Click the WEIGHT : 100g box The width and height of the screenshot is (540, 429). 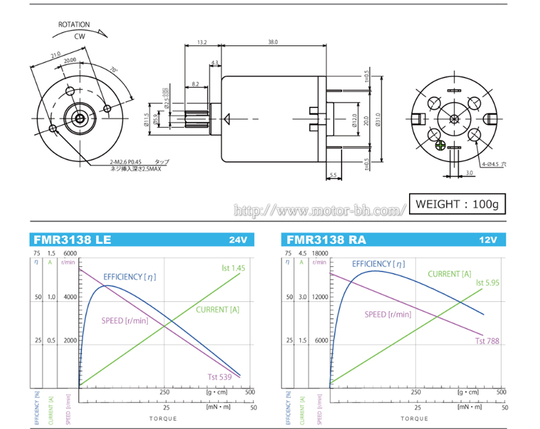(457, 203)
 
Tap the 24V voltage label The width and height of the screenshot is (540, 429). (239, 241)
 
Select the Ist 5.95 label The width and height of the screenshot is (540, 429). (487, 282)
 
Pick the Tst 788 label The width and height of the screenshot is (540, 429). (487, 341)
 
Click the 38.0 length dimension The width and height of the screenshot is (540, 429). (273, 43)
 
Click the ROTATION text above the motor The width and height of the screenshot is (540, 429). (74, 25)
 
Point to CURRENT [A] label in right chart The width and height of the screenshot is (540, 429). (450, 274)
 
